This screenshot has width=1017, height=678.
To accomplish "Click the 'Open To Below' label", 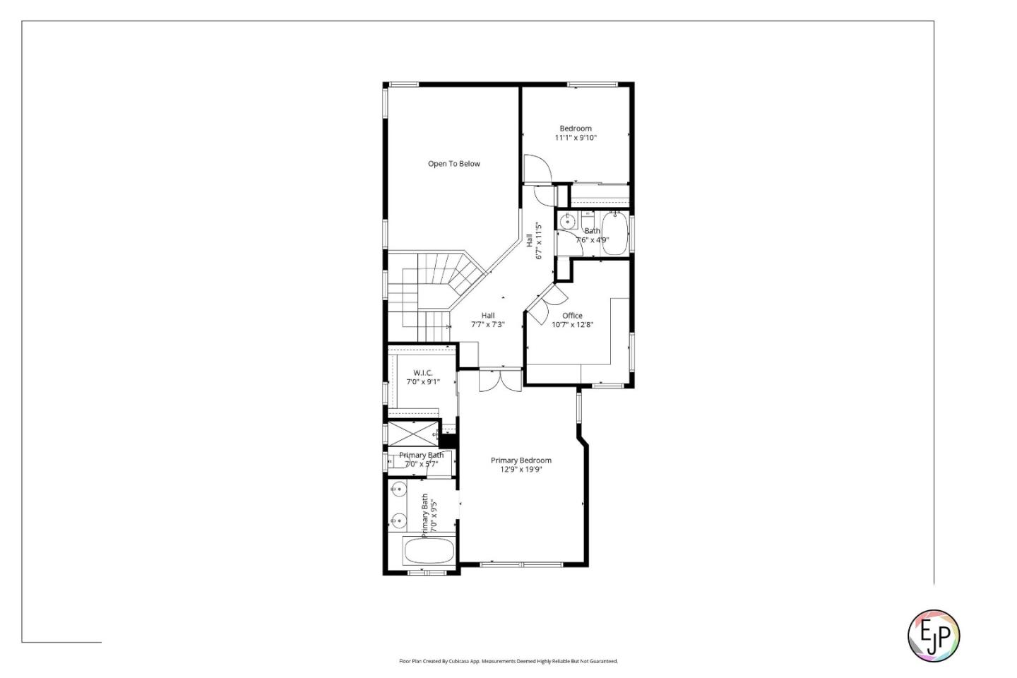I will [x=453, y=164].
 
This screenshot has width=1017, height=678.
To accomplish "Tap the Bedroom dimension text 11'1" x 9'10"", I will [x=575, y=138].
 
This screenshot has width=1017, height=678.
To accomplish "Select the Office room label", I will [x=572, y=316].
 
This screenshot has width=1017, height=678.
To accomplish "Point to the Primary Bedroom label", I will [x=521, y=460].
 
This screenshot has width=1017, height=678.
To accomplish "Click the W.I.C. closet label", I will [x=423, y=373].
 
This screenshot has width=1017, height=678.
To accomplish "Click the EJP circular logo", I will [x=933, y=636].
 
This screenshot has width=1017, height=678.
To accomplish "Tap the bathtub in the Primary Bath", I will [x=429, y=552].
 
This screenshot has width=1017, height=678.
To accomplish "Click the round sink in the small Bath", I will [x=567, y=222].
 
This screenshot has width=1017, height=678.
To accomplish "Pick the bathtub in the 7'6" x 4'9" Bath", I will [x=614, y=233].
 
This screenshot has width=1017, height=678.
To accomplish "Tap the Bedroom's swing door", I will [x=536, y=169].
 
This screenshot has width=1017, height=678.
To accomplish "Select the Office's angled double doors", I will [x=546, y=300].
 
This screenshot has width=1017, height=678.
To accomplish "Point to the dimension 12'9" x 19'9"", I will [x=521, y=470].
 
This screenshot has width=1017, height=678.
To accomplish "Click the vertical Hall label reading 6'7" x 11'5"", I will [x=533, y=241].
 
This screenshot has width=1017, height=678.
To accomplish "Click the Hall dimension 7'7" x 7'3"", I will [x=487, y=325].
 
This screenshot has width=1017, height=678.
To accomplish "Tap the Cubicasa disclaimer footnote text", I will [x=508, y=661].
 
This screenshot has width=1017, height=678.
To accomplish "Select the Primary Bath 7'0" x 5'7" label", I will [x=421, y=460].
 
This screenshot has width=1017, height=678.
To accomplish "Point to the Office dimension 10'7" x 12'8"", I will [x=572, y=325].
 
